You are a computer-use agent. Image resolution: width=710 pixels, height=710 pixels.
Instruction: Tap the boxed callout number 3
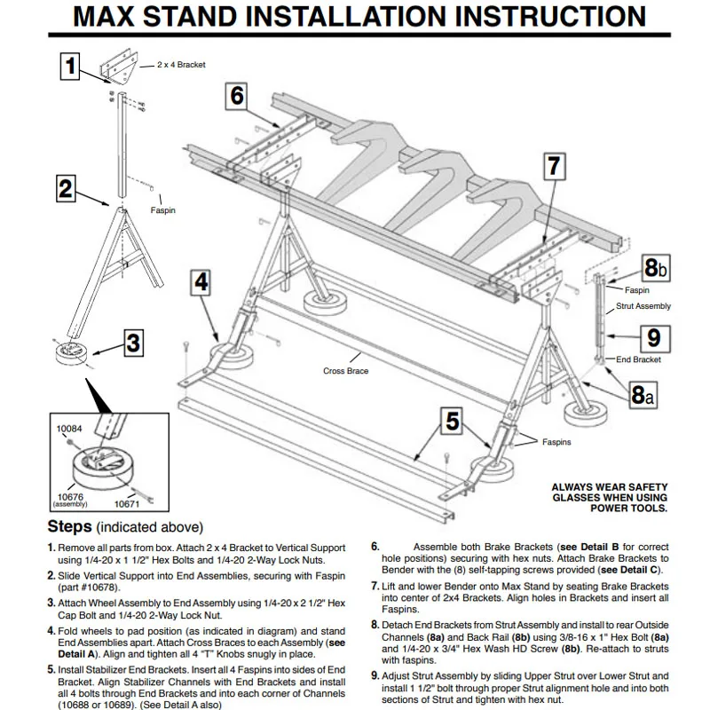[x=131, y=341]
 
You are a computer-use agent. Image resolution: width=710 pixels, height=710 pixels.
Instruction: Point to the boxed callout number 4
[x=201, y=282]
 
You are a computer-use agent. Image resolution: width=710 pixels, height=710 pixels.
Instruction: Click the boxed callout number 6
[x=237, y=96]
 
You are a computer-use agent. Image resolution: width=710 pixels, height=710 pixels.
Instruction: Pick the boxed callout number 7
[x=553, y=166]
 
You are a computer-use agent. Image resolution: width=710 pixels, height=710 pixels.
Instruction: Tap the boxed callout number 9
[x=652, y=337]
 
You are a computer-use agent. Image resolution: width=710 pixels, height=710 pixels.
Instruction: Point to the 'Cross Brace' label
[x=345, y=371]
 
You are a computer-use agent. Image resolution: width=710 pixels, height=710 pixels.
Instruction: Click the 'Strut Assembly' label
[x=643, y=306]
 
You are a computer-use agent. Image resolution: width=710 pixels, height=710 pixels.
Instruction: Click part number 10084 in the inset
[x=69, y=429]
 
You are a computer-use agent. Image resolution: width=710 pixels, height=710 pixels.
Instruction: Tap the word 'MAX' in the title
[x=113, y=17]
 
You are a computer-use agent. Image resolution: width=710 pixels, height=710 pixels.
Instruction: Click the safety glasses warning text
[x=610, y=497]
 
